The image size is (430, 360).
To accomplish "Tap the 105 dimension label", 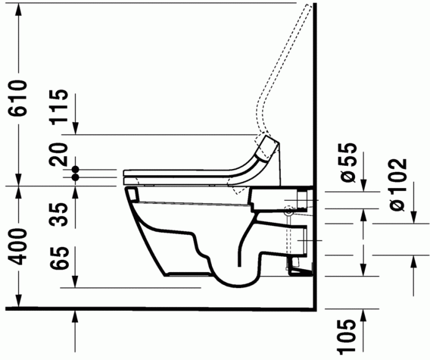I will [x=348, y=334].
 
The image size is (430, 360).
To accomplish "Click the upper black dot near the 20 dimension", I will [x=76, y=168].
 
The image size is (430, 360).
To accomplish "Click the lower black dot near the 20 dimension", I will [x=76, y=177].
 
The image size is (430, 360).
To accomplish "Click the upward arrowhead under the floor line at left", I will [x=76, y=315].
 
